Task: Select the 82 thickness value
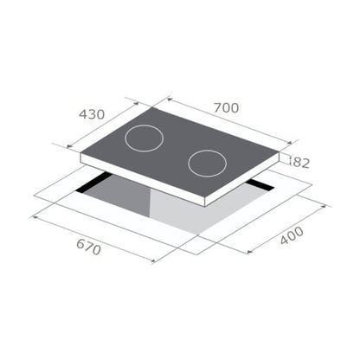point(300,162)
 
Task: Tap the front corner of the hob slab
point(205,202)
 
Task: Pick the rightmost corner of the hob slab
point(279,157)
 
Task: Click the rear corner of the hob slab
point(156,111)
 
